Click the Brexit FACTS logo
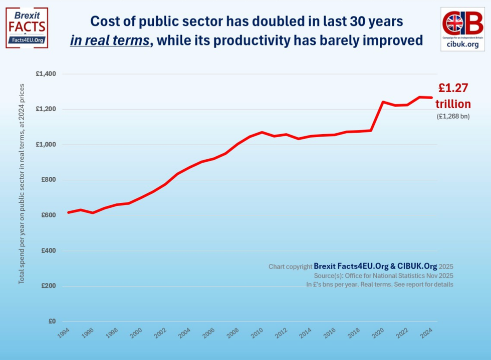coord(27,27)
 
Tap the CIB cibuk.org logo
coord(462,29)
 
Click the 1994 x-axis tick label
coord(64,333)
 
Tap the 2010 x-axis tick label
coord(258,333)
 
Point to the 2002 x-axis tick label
coord(161,333)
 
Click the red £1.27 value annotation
coord(453,88)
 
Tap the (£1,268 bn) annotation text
coord(453,117)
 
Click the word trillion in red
coord(453,104)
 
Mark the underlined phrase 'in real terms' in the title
coord(110,41)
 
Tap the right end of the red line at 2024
coord(431,98)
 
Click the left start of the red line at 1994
coord(69,212)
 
